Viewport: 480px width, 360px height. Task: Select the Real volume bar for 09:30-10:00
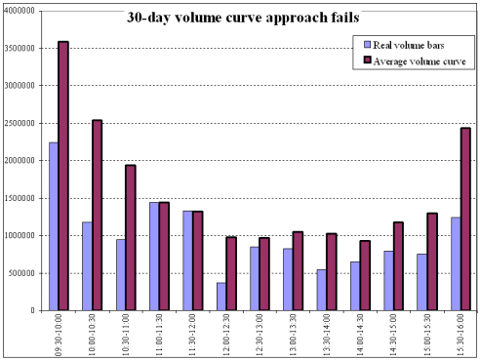54,226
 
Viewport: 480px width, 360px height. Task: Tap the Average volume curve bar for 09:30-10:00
63,176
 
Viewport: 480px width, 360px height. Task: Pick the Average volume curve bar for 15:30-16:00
465,219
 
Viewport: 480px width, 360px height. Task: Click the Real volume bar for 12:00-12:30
221,297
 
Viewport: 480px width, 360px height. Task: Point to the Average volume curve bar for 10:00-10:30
97,215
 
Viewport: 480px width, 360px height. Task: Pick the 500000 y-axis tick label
21,273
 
